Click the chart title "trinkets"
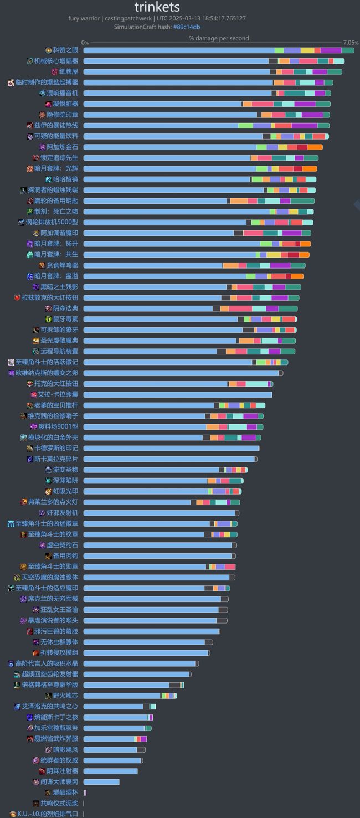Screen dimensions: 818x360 157,7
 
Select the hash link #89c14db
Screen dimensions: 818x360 187,27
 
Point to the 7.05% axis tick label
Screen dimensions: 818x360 351,43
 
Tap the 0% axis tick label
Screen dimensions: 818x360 85,43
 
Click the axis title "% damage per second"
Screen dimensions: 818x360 219,39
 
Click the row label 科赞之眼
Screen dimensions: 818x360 65,50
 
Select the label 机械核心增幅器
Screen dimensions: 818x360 56,61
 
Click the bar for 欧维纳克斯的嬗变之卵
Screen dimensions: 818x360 183,373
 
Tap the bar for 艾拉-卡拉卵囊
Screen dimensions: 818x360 177,394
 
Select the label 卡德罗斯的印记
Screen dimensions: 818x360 56,448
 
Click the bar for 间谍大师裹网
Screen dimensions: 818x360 101,781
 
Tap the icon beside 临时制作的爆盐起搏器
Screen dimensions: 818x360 11,83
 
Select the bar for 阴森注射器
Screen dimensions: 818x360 110,771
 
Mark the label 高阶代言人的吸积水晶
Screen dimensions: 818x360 47,663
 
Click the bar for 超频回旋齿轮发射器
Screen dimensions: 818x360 137,674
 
